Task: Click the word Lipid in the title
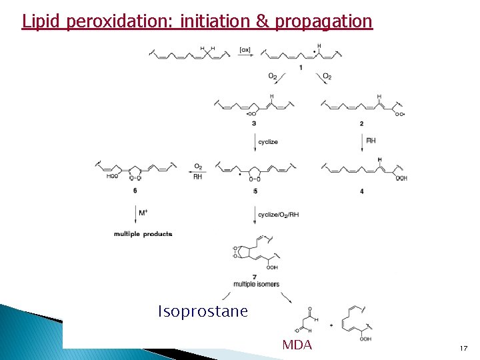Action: point(42,21)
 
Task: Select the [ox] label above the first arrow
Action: point(245,49)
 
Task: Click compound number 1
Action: point(300,67)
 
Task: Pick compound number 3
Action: point(254,123)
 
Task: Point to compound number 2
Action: point(361,123)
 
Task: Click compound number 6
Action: point(135,191)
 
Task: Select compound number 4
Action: point(361,191)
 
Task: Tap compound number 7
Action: point(255,277)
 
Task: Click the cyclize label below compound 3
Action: point(268,141)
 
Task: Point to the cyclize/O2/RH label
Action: point(279,215)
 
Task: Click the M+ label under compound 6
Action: point(143,213)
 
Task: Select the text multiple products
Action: point(143,234)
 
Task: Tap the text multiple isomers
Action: point(257,284)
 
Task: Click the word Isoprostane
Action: point(203,311)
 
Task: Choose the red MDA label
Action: point(297,345)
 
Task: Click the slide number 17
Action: point(463,349)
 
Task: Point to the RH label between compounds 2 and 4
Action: point(371,141)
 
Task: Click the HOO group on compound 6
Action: point(112,177)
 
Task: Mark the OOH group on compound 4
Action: point(401,178)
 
